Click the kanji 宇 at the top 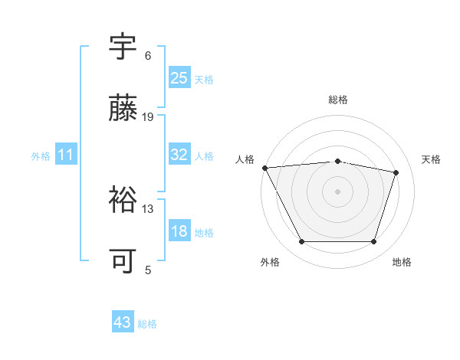coord(123,47)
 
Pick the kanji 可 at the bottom coord(123,261)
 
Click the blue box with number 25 coord(179,78)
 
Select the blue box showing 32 coord(179,155)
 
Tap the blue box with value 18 coord(179,231)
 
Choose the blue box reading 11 coord(65,155)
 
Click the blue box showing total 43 coord(123,322)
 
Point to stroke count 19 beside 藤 coord(148,117)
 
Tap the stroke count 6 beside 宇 coord(147,56)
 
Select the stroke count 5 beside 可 coord(147,270)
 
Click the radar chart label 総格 coord(338,100)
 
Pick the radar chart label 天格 coord(431,159)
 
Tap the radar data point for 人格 coord(264,168)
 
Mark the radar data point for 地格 coord(374,242)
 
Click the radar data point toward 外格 coord(301,242)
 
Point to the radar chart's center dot coord(338,191)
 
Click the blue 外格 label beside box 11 coord(41,156)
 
